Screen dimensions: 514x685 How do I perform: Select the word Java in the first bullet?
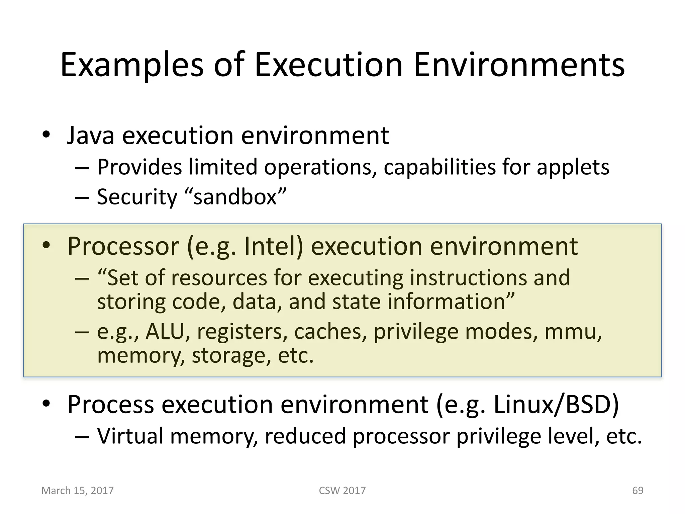click(90, 136)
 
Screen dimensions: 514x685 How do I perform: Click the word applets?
click(573, 167)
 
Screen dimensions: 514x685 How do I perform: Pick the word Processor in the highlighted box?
click(123, 247)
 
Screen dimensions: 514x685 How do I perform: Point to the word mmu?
click(573, 332)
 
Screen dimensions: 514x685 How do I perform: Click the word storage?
click(230, 355)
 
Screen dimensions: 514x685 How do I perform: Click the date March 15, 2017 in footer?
click(77, 491)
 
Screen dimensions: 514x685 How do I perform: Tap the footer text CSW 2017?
click(342, 491)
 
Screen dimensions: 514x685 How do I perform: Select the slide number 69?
click(638, 491)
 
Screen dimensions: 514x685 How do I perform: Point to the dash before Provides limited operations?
click(82, 168)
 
